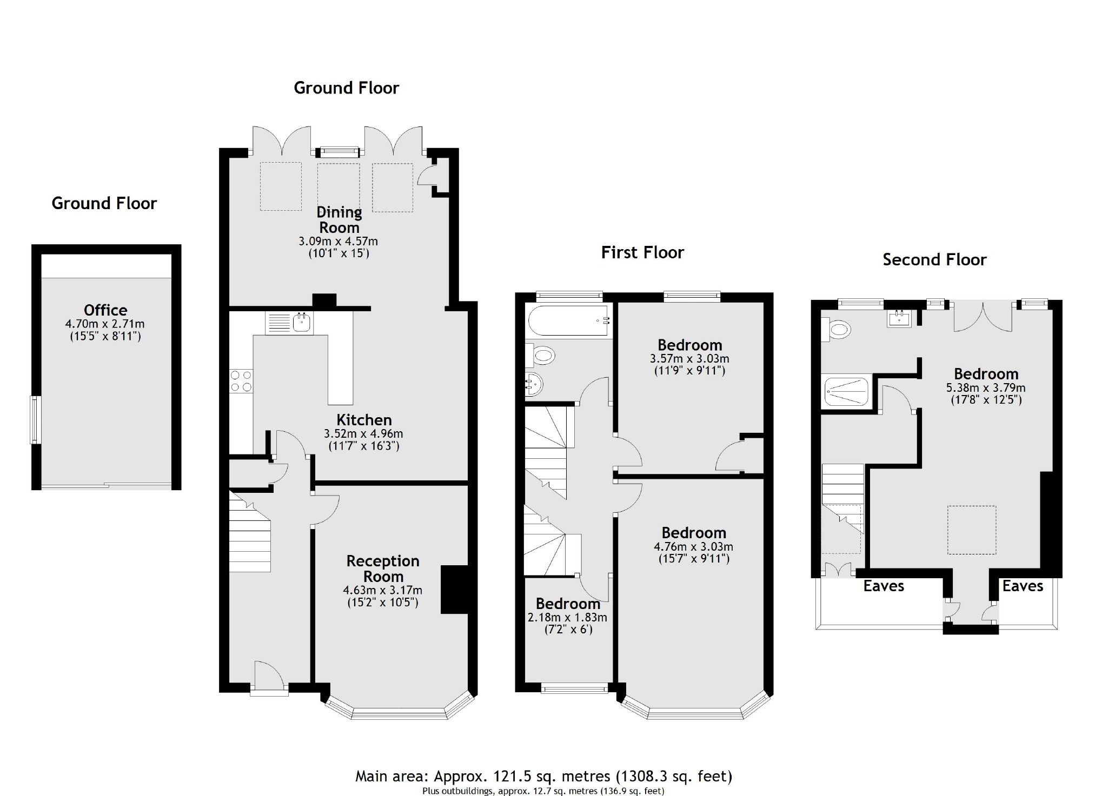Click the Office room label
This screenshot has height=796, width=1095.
(105, 310)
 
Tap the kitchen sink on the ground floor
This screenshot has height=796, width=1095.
(300, 323)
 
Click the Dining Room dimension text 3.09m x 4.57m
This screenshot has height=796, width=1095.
(338, 241)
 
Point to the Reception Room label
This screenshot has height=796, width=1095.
(383, 568)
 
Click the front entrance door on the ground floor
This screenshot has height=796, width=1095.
(269, 675)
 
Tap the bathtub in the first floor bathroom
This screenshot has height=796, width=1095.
(568, 321)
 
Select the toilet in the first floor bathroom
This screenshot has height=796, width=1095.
(541, 356)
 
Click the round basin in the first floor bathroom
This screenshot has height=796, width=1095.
(533, 384)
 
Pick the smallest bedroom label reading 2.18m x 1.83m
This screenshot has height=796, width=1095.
(567, 617)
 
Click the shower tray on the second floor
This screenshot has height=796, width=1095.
(846, 392)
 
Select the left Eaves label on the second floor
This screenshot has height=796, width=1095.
(884, 586)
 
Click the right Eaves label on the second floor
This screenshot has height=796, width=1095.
(1022, 586)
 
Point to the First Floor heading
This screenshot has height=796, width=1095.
(642, 252)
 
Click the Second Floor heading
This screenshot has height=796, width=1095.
(934, 260)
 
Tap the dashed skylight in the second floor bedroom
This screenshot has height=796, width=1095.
(971, 530)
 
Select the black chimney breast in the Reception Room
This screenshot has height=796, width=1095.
(454, 590)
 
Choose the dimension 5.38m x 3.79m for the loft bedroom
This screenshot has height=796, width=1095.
(985, 387)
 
